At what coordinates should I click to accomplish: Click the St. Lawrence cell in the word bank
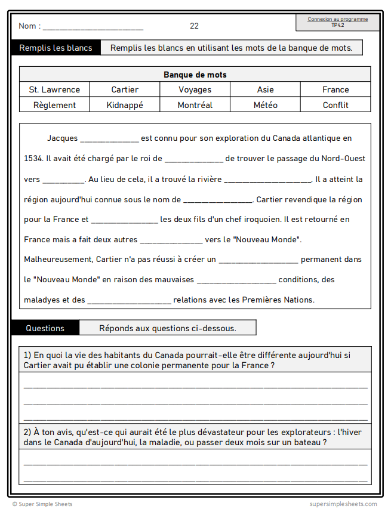tap(54, 90)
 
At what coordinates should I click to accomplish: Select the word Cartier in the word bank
tap(125, 90)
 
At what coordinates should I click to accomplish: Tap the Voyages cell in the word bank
tap(195, 90)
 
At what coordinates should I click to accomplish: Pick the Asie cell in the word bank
tap(266, 90)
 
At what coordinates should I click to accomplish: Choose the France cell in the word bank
tap(335, 90)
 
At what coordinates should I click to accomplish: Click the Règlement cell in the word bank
tap(54, 105)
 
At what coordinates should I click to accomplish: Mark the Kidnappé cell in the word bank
tap(125, 105)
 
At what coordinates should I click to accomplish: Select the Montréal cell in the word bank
tap(195, 105)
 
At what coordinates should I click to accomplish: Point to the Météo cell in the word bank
tap(266, 105)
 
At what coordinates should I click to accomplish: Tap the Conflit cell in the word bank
tap(335, 105)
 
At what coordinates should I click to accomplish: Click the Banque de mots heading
tap(195, 75)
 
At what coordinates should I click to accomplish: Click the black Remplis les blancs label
tap(56, 48)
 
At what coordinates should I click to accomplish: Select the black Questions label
tap(45, 328)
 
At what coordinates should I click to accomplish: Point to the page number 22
tap(194, 26)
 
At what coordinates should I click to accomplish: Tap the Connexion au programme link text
tap(338, 19)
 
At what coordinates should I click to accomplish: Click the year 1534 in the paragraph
tap(33, 159)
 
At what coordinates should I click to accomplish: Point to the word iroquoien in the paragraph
tap(263, 219)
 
